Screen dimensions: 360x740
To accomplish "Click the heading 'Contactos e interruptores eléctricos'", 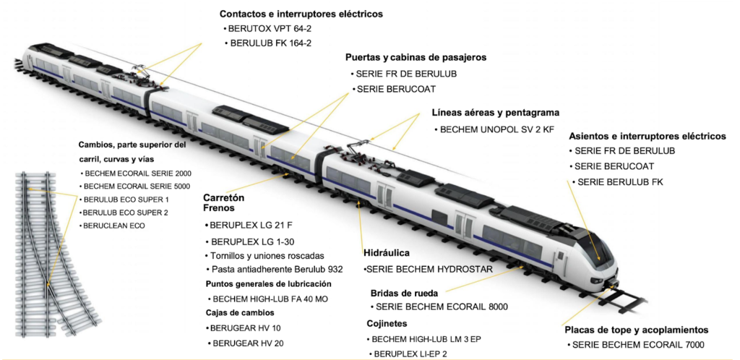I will point(301,14).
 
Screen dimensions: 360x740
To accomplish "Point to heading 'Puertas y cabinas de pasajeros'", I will point(416,57).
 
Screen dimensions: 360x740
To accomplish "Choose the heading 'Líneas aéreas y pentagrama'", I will point(495,113).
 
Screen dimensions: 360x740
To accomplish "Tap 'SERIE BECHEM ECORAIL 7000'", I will point(637,346).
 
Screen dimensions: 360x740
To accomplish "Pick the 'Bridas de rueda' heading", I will point(404,293).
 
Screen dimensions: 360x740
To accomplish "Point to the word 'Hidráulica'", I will point(387,254).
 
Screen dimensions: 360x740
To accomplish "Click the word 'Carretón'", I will point(224,197).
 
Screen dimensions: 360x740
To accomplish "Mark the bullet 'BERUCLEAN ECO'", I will point(113,226).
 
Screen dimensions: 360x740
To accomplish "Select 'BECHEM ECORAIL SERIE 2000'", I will point(138,173).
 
